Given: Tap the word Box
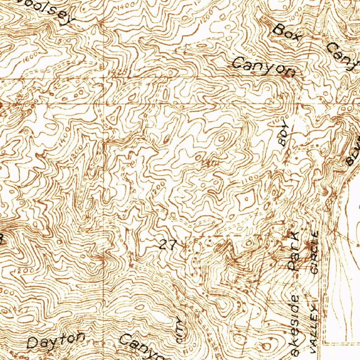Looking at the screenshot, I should (x=287, y=33).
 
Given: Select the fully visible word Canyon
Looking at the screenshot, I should (x=264, y=67).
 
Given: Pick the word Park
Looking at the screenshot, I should (x=292, y=250).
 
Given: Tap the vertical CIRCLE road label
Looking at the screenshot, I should (x=314, y=252).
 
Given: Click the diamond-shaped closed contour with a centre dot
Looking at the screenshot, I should (x=246, y=200).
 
